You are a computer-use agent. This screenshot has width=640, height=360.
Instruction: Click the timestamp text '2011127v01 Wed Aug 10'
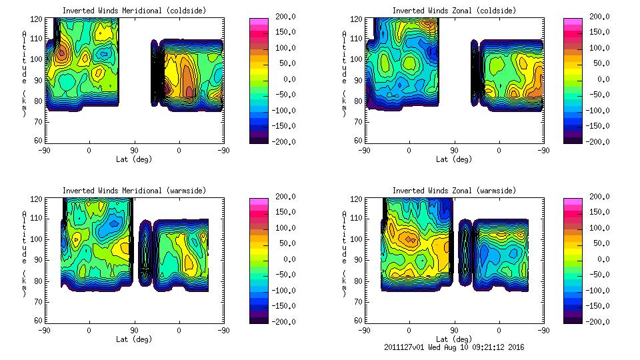point(433,347)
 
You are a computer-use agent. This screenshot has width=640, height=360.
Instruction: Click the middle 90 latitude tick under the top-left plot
point(134,151)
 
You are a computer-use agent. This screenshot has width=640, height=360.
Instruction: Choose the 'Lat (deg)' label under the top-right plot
point(453,159)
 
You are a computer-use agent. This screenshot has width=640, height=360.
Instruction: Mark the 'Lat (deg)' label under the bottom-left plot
point(134,339)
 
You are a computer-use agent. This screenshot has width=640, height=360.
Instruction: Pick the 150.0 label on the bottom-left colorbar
point(282,212)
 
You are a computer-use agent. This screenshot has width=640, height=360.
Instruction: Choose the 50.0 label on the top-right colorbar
point(598,63)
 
